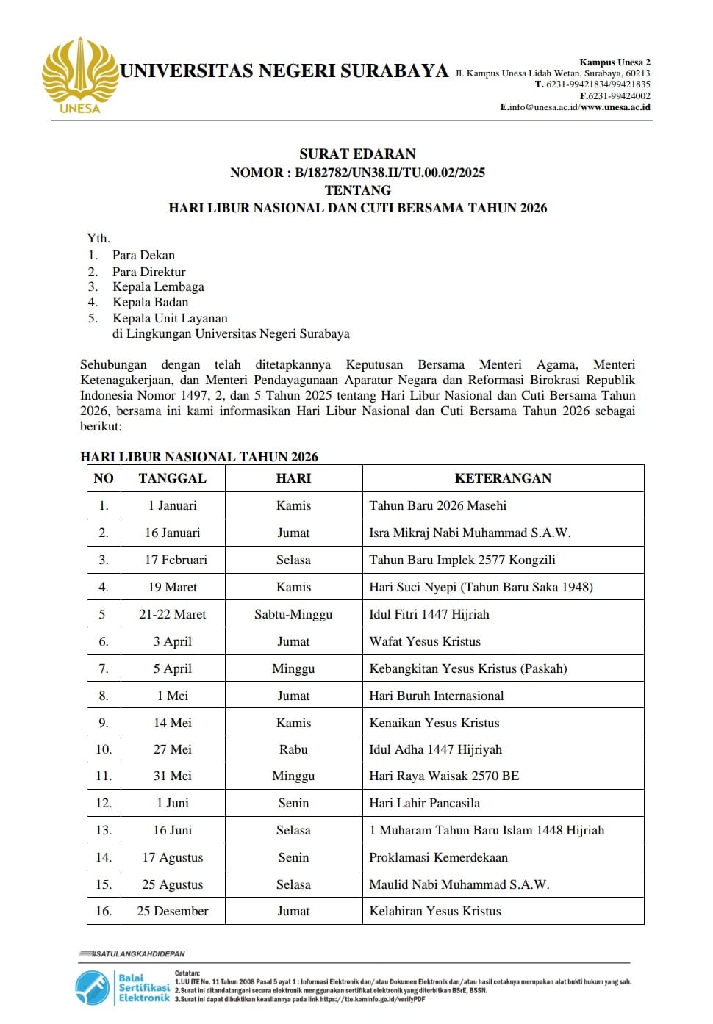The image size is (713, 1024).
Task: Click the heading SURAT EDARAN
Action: coord(357,154)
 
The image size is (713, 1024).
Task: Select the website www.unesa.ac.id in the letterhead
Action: coord(615,107)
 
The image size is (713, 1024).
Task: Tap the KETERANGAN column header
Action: coord(503,478)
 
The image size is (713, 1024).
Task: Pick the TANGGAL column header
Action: coord(172,478)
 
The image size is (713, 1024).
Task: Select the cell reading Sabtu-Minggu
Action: coord(293,614)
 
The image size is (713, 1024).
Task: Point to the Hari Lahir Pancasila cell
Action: coord(424,803)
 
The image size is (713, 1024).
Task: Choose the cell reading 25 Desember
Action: coord(173,911)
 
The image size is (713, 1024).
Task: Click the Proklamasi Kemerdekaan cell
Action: coord(438,857)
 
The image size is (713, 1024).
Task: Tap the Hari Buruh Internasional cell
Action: coord(436,696)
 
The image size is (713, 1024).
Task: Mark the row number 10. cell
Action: coord(104,749)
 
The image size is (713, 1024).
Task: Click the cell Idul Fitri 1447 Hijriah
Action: coord(429,614)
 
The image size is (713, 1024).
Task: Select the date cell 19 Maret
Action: coord(173,587)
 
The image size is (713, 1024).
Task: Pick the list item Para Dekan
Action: coord(143,255)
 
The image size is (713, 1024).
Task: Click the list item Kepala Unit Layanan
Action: coord(170,318)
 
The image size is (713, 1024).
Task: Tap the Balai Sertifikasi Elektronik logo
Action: coord(122,987)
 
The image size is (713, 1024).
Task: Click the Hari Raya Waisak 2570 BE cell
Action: coord(443,776)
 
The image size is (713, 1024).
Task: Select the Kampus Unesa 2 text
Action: coord(615,62)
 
